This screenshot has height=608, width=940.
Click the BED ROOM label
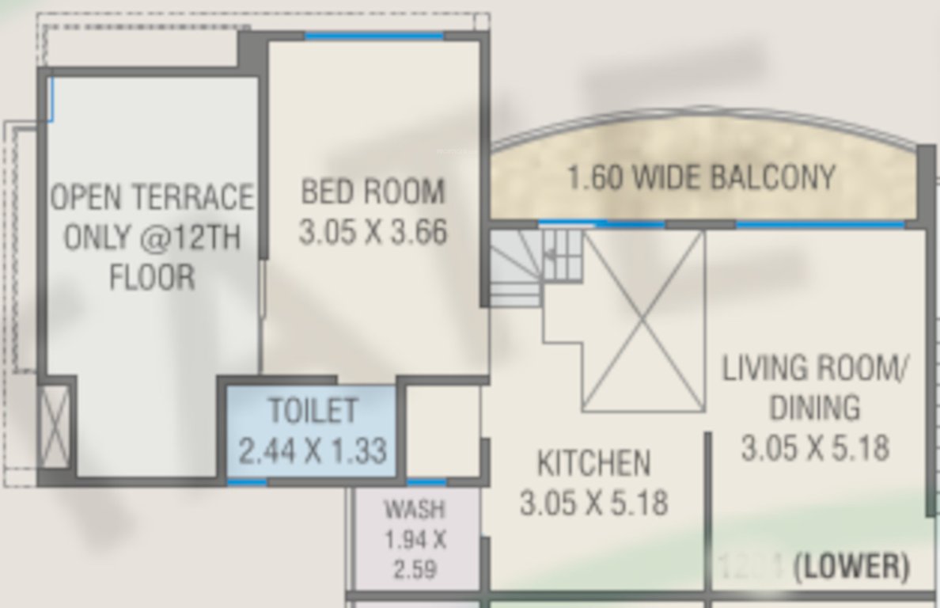click(373, 192)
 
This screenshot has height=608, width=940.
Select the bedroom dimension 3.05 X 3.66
click(373, 233)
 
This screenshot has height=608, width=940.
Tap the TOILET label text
click(313, 411)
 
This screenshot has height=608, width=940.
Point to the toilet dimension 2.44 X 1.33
click(313, 451)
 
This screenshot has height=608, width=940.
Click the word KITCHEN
click(593, 463)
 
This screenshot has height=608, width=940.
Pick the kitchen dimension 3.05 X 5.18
click(593, 503)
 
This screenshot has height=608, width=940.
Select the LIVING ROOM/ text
click(815, 369)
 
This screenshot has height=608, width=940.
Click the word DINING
click(815, 408)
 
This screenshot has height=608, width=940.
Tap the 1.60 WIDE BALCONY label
click(701, 177)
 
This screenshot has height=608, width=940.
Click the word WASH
click(415, 508)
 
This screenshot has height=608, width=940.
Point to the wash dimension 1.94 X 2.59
click(415, 554)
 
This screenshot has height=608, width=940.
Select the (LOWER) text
click(851, 567)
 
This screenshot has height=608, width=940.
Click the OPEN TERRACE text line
click(152, 197)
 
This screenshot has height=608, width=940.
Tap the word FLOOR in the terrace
click(152, 278)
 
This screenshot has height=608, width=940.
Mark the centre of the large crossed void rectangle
click(643, 321)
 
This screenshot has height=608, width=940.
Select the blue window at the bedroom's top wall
click(373, 36)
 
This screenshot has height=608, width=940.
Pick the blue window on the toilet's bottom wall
click(247, 481)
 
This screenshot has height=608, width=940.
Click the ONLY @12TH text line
click(152, 237)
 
